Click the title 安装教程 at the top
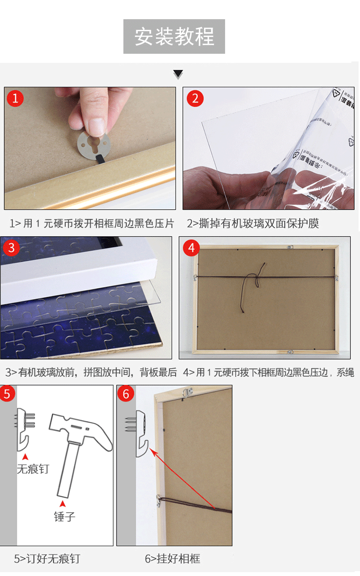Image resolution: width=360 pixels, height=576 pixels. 174,36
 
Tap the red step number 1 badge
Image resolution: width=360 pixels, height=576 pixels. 15,99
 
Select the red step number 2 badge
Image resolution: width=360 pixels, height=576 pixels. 194,99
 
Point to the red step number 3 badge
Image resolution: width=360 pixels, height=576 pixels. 11,248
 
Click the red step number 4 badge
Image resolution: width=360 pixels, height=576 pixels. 192,248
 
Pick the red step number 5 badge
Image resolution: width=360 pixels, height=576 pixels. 7,394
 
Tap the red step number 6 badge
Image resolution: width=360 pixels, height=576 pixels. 126,394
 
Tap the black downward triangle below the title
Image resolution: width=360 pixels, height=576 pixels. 178,74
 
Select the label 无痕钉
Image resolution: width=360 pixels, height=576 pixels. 33,469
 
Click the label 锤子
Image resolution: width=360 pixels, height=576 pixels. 64,516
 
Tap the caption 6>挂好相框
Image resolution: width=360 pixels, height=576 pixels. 172,559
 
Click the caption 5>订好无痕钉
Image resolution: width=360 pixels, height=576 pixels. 47,559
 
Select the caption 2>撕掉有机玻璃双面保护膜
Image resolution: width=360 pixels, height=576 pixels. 253,224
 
